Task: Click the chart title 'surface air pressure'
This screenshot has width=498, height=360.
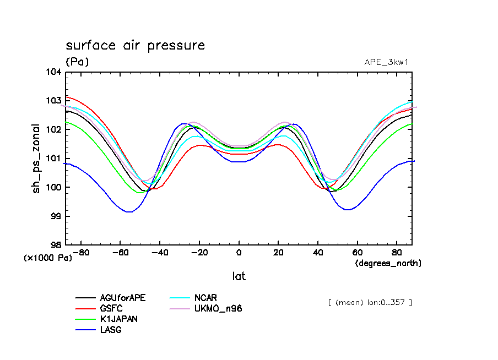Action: [x=135, y=45]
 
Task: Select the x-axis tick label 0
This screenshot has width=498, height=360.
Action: [x=239, y=253]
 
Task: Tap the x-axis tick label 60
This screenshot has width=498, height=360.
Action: [x=357, y=253]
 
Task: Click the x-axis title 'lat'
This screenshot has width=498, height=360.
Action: [x=239, y=276]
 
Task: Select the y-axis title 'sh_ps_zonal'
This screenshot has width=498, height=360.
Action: [x=36, y=158]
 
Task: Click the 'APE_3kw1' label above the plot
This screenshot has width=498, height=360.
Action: [x=386, y=62]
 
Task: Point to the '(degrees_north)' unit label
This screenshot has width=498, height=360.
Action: [x=388, y=263]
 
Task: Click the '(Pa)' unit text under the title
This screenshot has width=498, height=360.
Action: [x=77, y=62]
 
